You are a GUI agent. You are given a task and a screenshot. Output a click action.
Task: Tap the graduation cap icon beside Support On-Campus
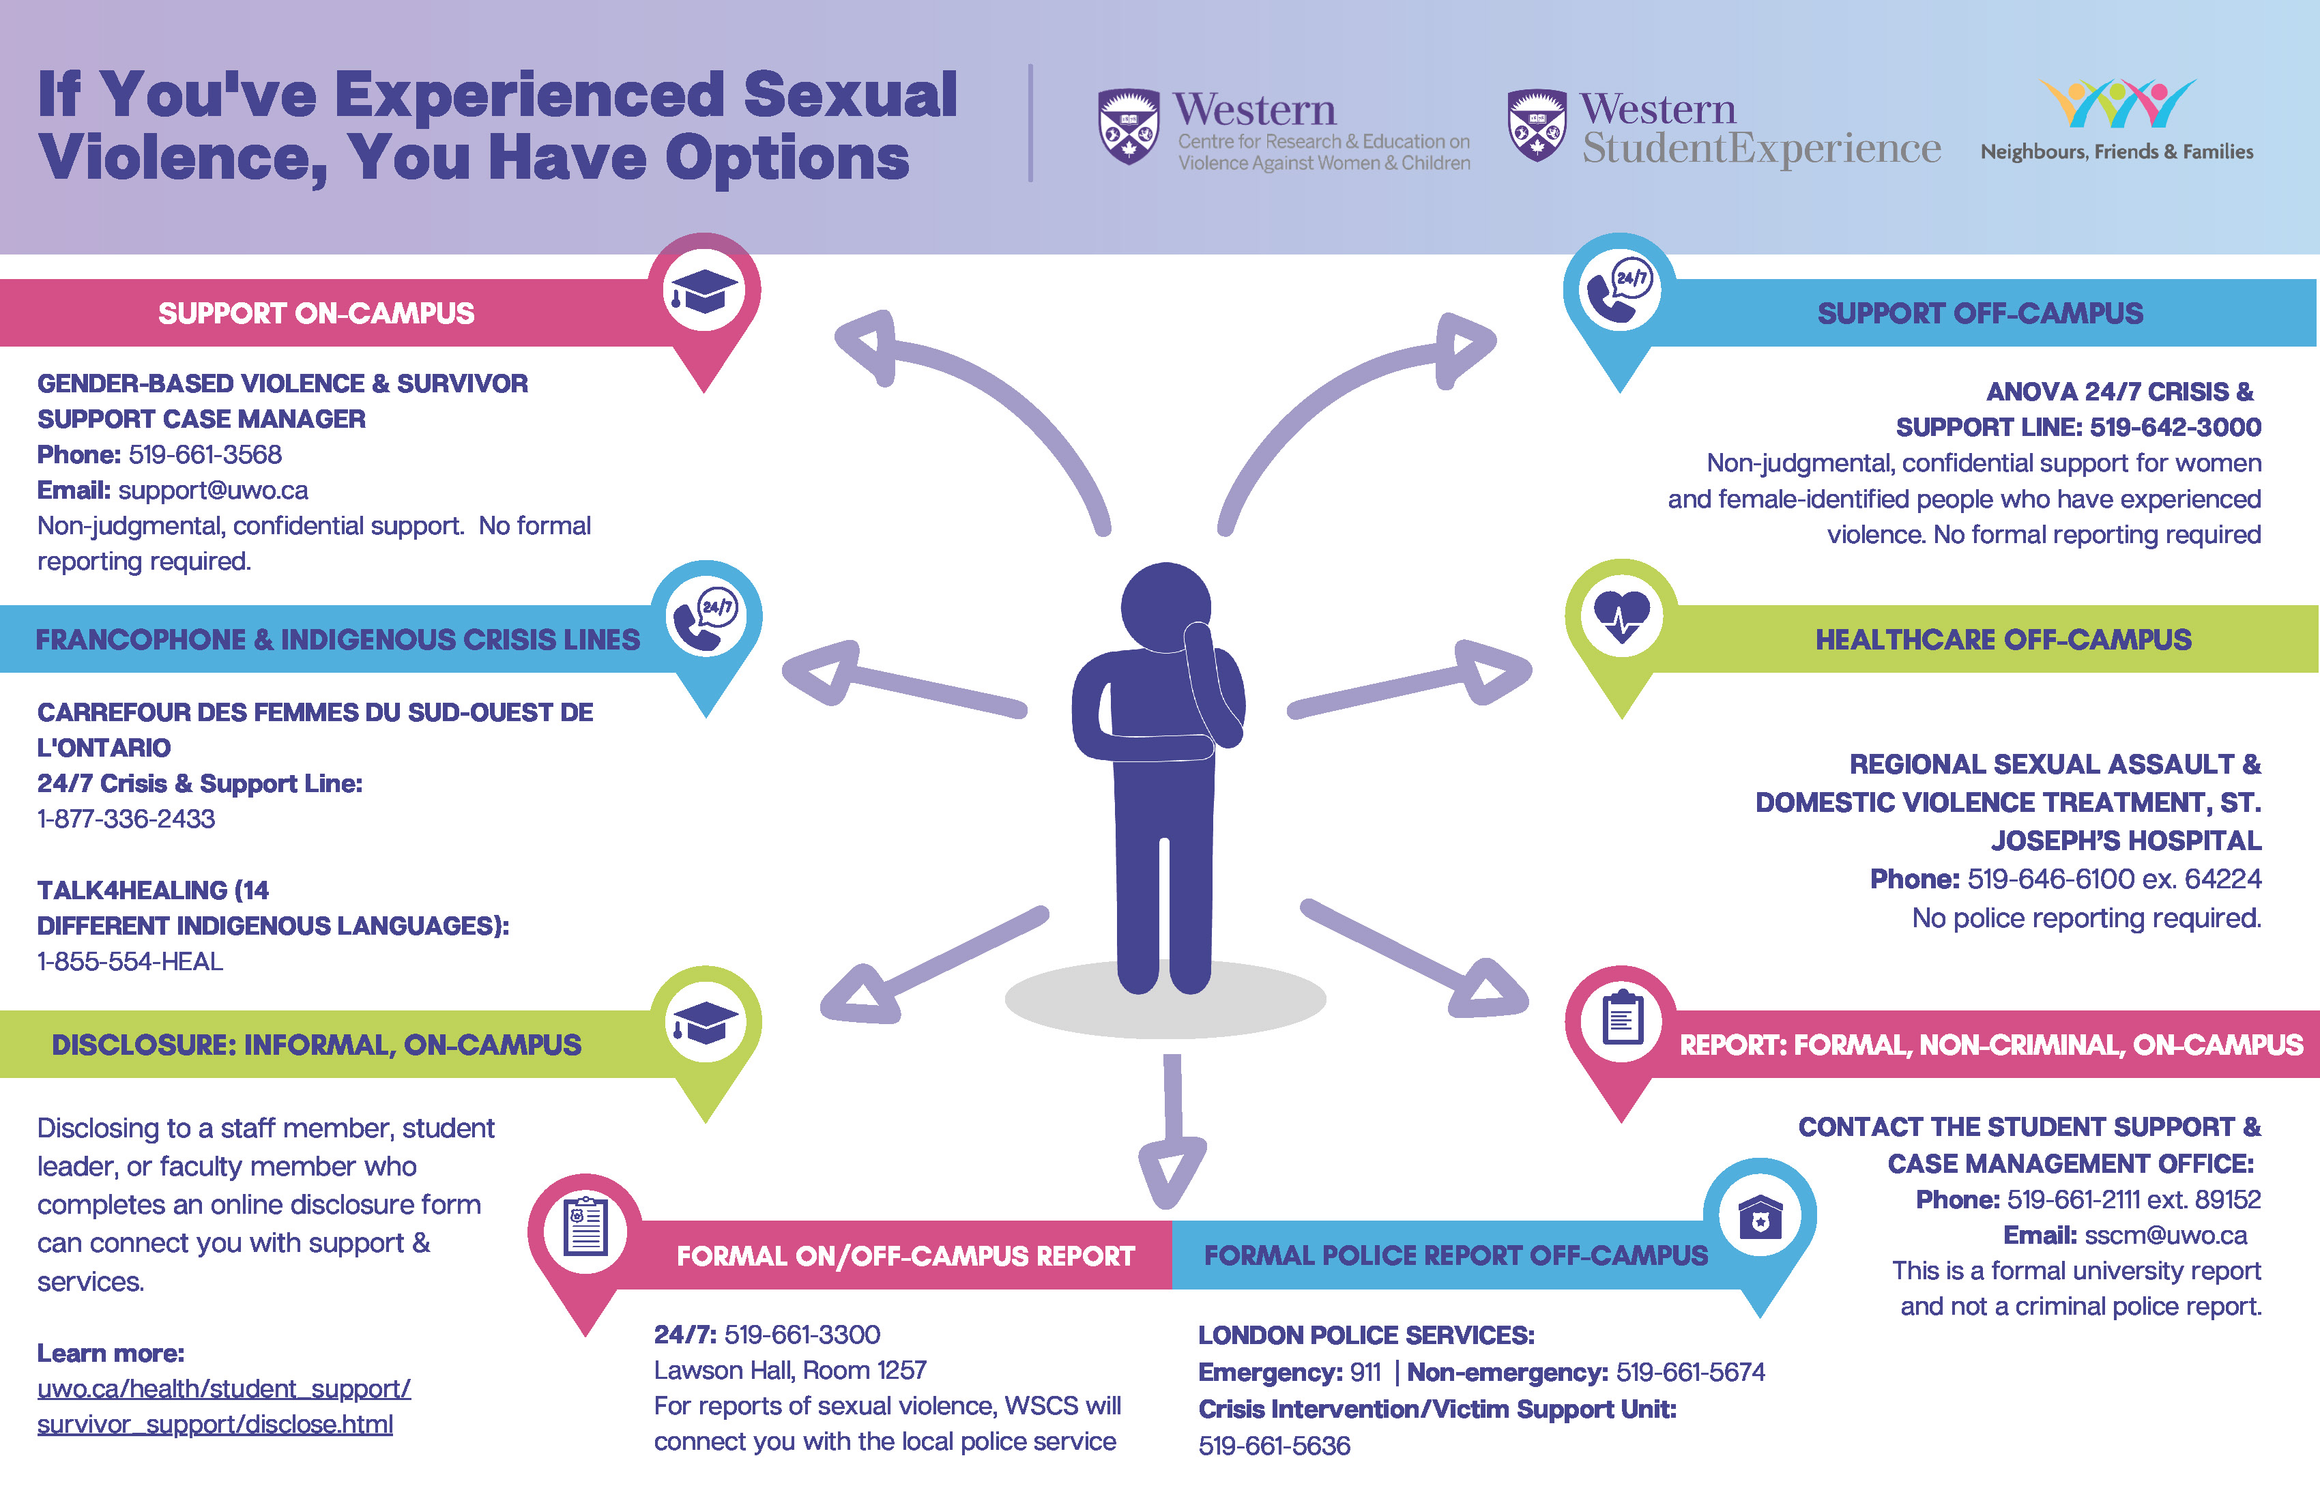[704, 291]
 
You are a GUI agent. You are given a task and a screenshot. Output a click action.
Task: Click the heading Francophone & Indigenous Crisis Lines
[337, 639]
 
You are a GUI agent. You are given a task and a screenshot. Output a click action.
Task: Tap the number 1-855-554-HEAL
[130, 961]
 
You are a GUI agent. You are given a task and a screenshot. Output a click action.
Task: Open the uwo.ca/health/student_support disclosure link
[223, 1405]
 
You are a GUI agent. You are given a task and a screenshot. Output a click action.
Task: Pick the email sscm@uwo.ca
[2165, 1235]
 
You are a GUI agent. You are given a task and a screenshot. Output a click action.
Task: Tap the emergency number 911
[1365, 1372]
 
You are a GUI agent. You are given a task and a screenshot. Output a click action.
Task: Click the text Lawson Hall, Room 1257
[789, 1371]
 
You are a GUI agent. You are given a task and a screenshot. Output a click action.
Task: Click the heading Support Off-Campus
[1980, 313]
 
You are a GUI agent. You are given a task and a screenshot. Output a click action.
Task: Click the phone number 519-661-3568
[205, 454]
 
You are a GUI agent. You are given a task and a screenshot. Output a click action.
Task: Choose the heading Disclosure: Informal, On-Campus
[316, 1045]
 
